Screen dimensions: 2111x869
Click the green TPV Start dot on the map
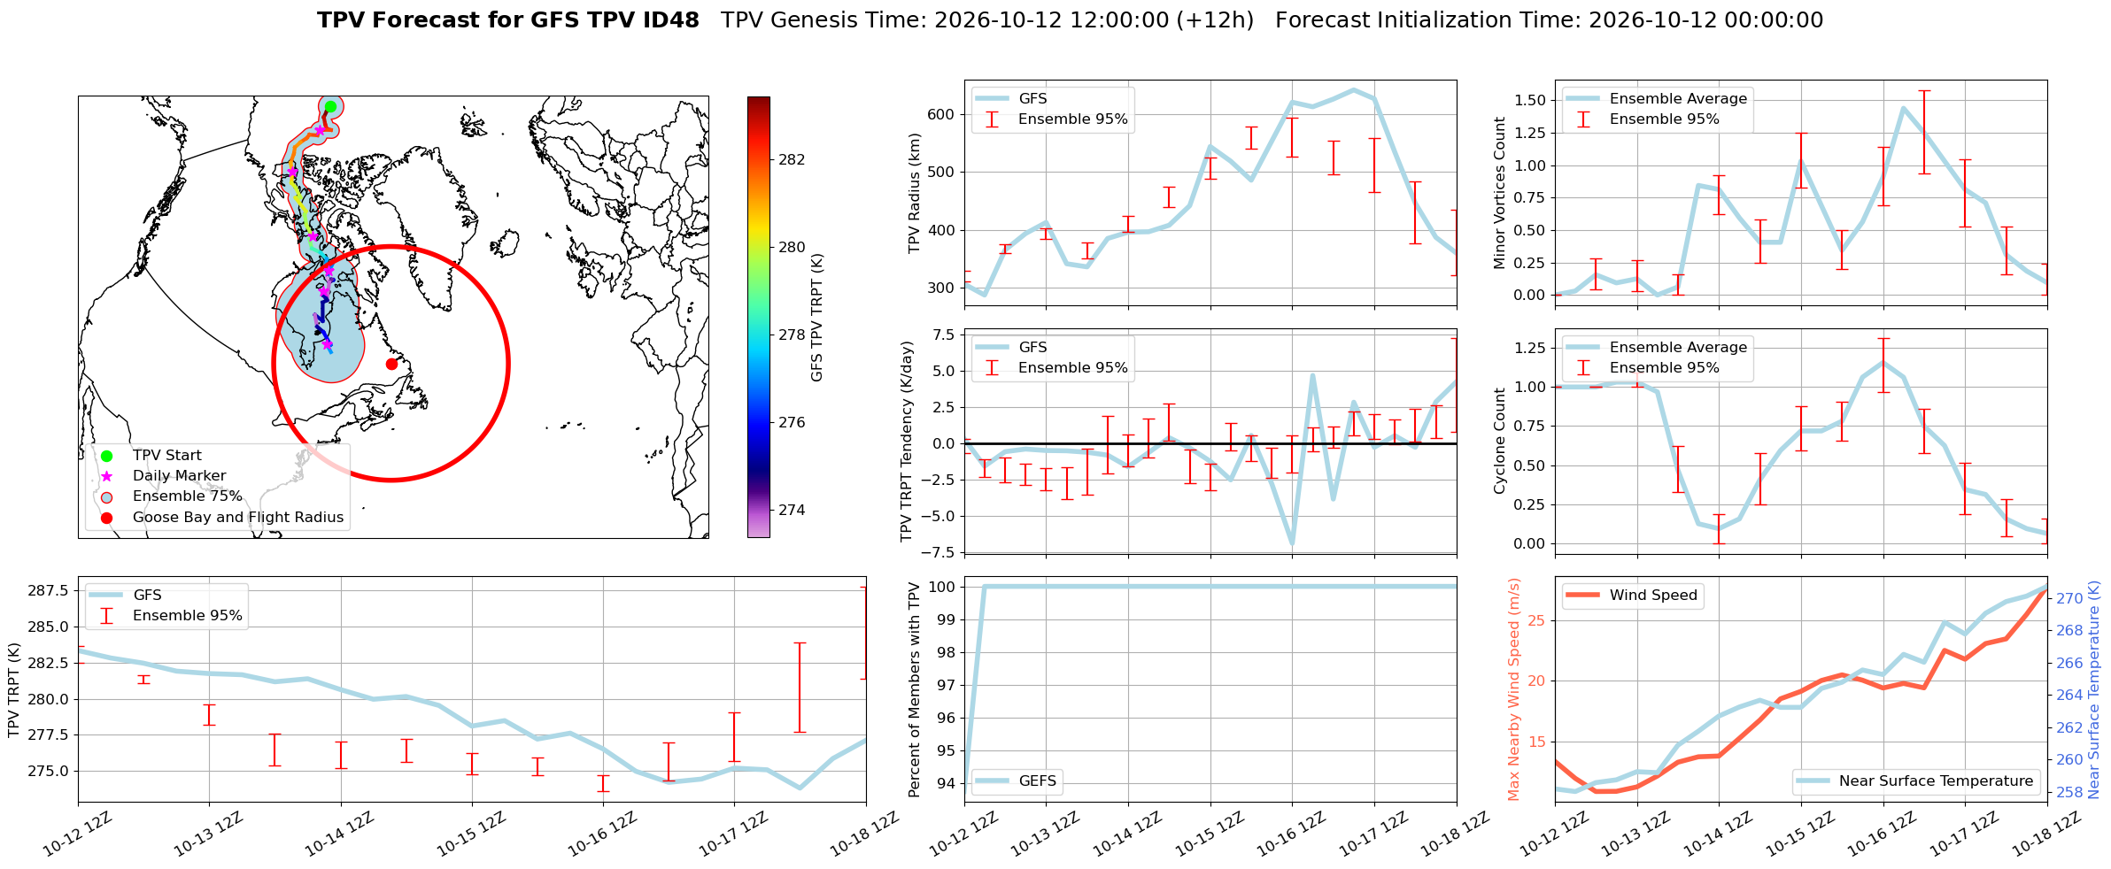[x=330, y=106]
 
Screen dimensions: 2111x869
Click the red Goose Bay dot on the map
[x=391, y=364]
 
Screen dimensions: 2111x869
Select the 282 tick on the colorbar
[x=792, y=159]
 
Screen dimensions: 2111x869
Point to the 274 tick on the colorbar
[x=792, y=510]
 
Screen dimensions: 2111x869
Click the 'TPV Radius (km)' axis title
[x=915, y=193]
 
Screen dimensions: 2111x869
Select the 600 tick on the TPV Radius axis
[x=942, y=114]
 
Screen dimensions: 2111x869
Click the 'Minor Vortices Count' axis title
[x=1499, y=193]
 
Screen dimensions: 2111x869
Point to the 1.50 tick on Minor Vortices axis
[x=1530, y=100]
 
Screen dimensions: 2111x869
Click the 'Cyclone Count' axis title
[x=1499, y=441]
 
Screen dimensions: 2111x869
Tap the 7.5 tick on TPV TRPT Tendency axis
[x=944, y=335]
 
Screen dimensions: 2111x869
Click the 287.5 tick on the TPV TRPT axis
[x=50, y=590]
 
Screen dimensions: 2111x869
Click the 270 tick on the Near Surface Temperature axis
[x=2069, y=598]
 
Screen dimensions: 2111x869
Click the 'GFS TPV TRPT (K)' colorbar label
[x=816, y=317]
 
